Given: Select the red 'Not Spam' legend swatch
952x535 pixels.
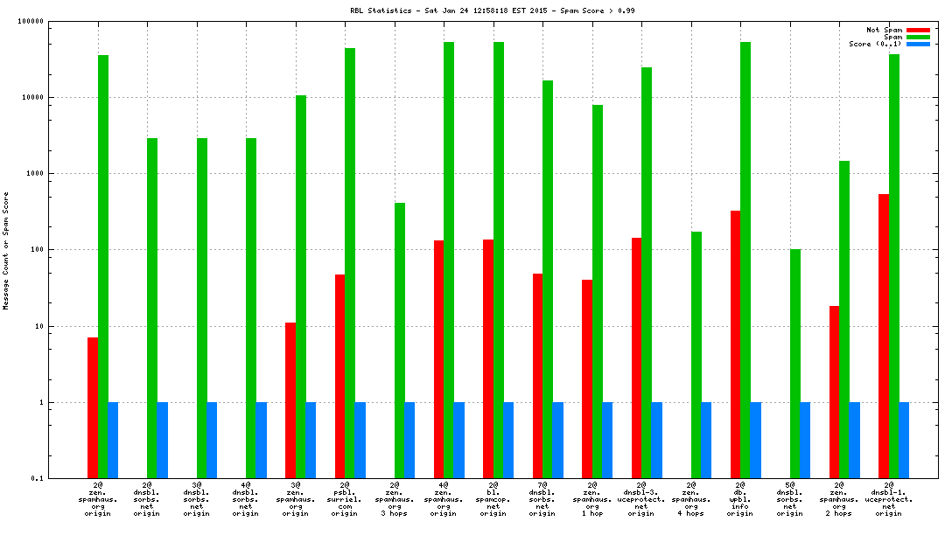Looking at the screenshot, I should tap(918, 30).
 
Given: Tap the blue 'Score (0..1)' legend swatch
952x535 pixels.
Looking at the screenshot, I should tap(918, 44).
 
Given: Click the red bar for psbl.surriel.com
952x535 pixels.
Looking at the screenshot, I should tap(339, 376).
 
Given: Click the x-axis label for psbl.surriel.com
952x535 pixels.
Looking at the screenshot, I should tap(345, 499).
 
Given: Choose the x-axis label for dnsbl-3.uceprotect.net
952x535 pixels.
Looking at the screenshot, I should tap(641, 499).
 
